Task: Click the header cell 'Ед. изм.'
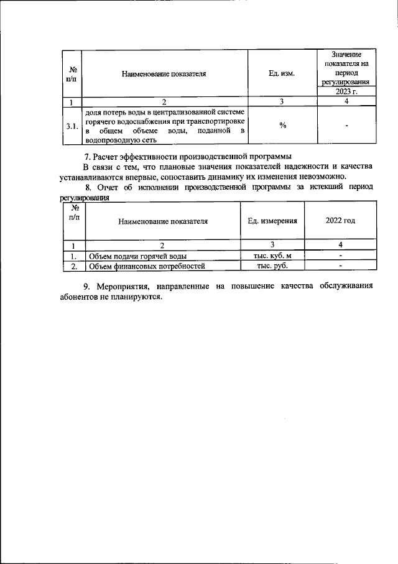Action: coord(282,73)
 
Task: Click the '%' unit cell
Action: coord(282,126)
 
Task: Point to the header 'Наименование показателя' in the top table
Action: coord(164,73)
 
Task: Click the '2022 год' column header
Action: coord(340,221)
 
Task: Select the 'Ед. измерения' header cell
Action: coord(272,221)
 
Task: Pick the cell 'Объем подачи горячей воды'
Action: coord(137,256)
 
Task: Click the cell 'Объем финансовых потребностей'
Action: coord(147,266)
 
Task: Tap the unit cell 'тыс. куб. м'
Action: coord(272,256)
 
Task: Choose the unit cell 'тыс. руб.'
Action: coord(272,266)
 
